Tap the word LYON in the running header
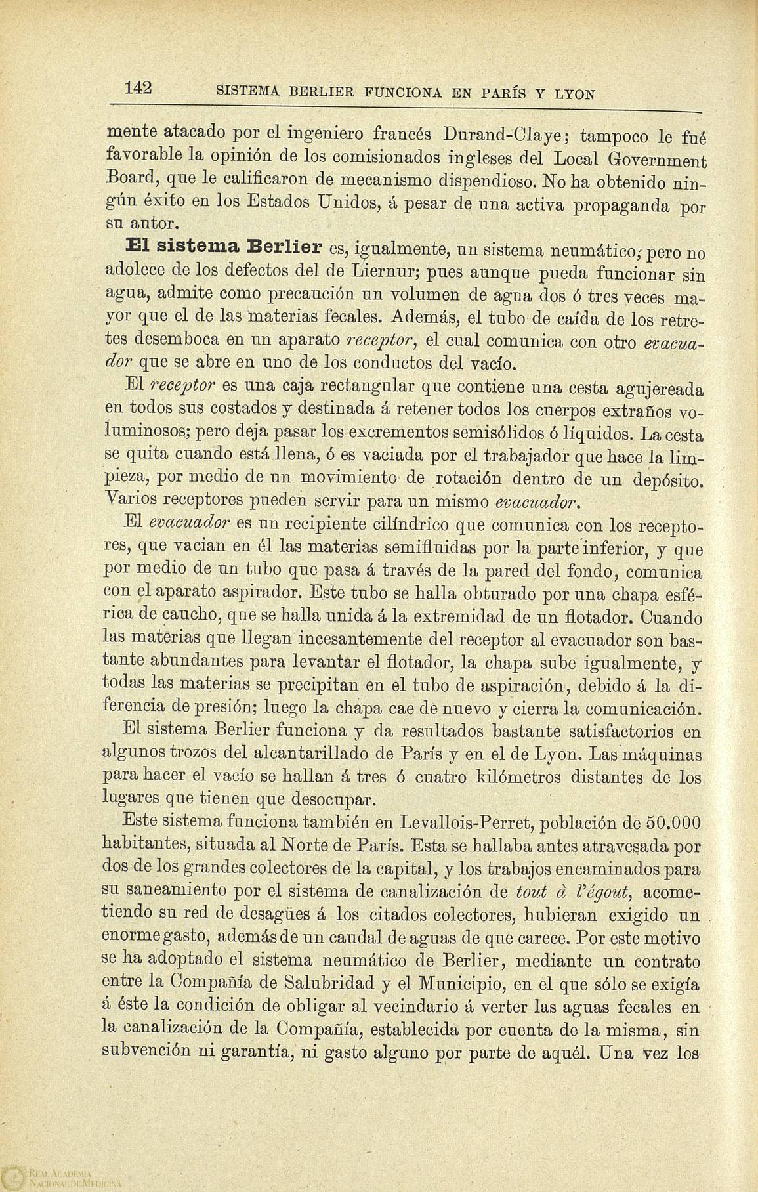576,94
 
